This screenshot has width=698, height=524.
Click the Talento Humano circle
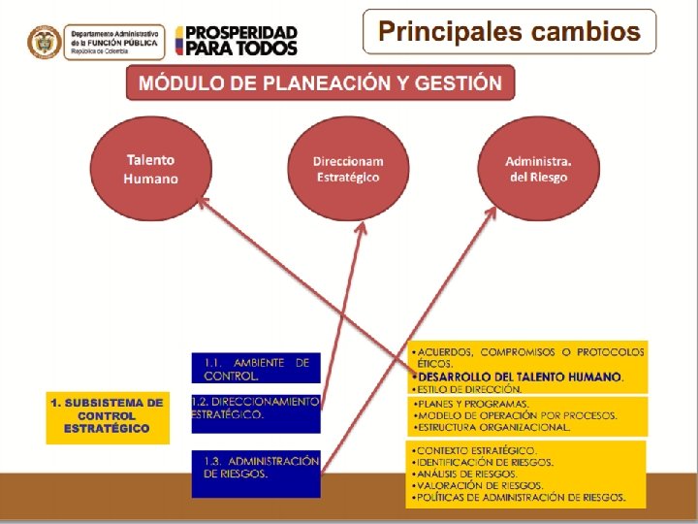click(x=150, y=169)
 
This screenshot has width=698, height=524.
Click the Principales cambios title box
click(x=509, y=31)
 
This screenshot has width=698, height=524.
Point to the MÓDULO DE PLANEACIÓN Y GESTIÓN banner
click(x=320, y=82)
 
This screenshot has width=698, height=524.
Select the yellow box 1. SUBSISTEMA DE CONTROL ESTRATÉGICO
click(x=108, y=415)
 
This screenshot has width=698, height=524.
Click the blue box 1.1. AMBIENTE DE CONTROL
click(x=255, y=368)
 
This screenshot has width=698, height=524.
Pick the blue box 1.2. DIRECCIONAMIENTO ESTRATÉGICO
click(x=255, y=409)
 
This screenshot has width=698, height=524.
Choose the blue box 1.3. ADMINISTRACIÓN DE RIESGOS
click(x=255, y=469)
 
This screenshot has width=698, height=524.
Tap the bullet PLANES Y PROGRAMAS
click(x=471, y=403)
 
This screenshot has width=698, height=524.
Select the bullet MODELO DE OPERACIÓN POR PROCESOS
click(x=515, y=415)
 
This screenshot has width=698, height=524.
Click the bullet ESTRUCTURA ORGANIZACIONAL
click(x=491, y=427)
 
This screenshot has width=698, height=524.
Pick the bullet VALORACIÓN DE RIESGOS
click(x=478, y=486)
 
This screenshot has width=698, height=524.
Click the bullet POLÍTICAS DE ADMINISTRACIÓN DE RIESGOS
click(x=518, y=498)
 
